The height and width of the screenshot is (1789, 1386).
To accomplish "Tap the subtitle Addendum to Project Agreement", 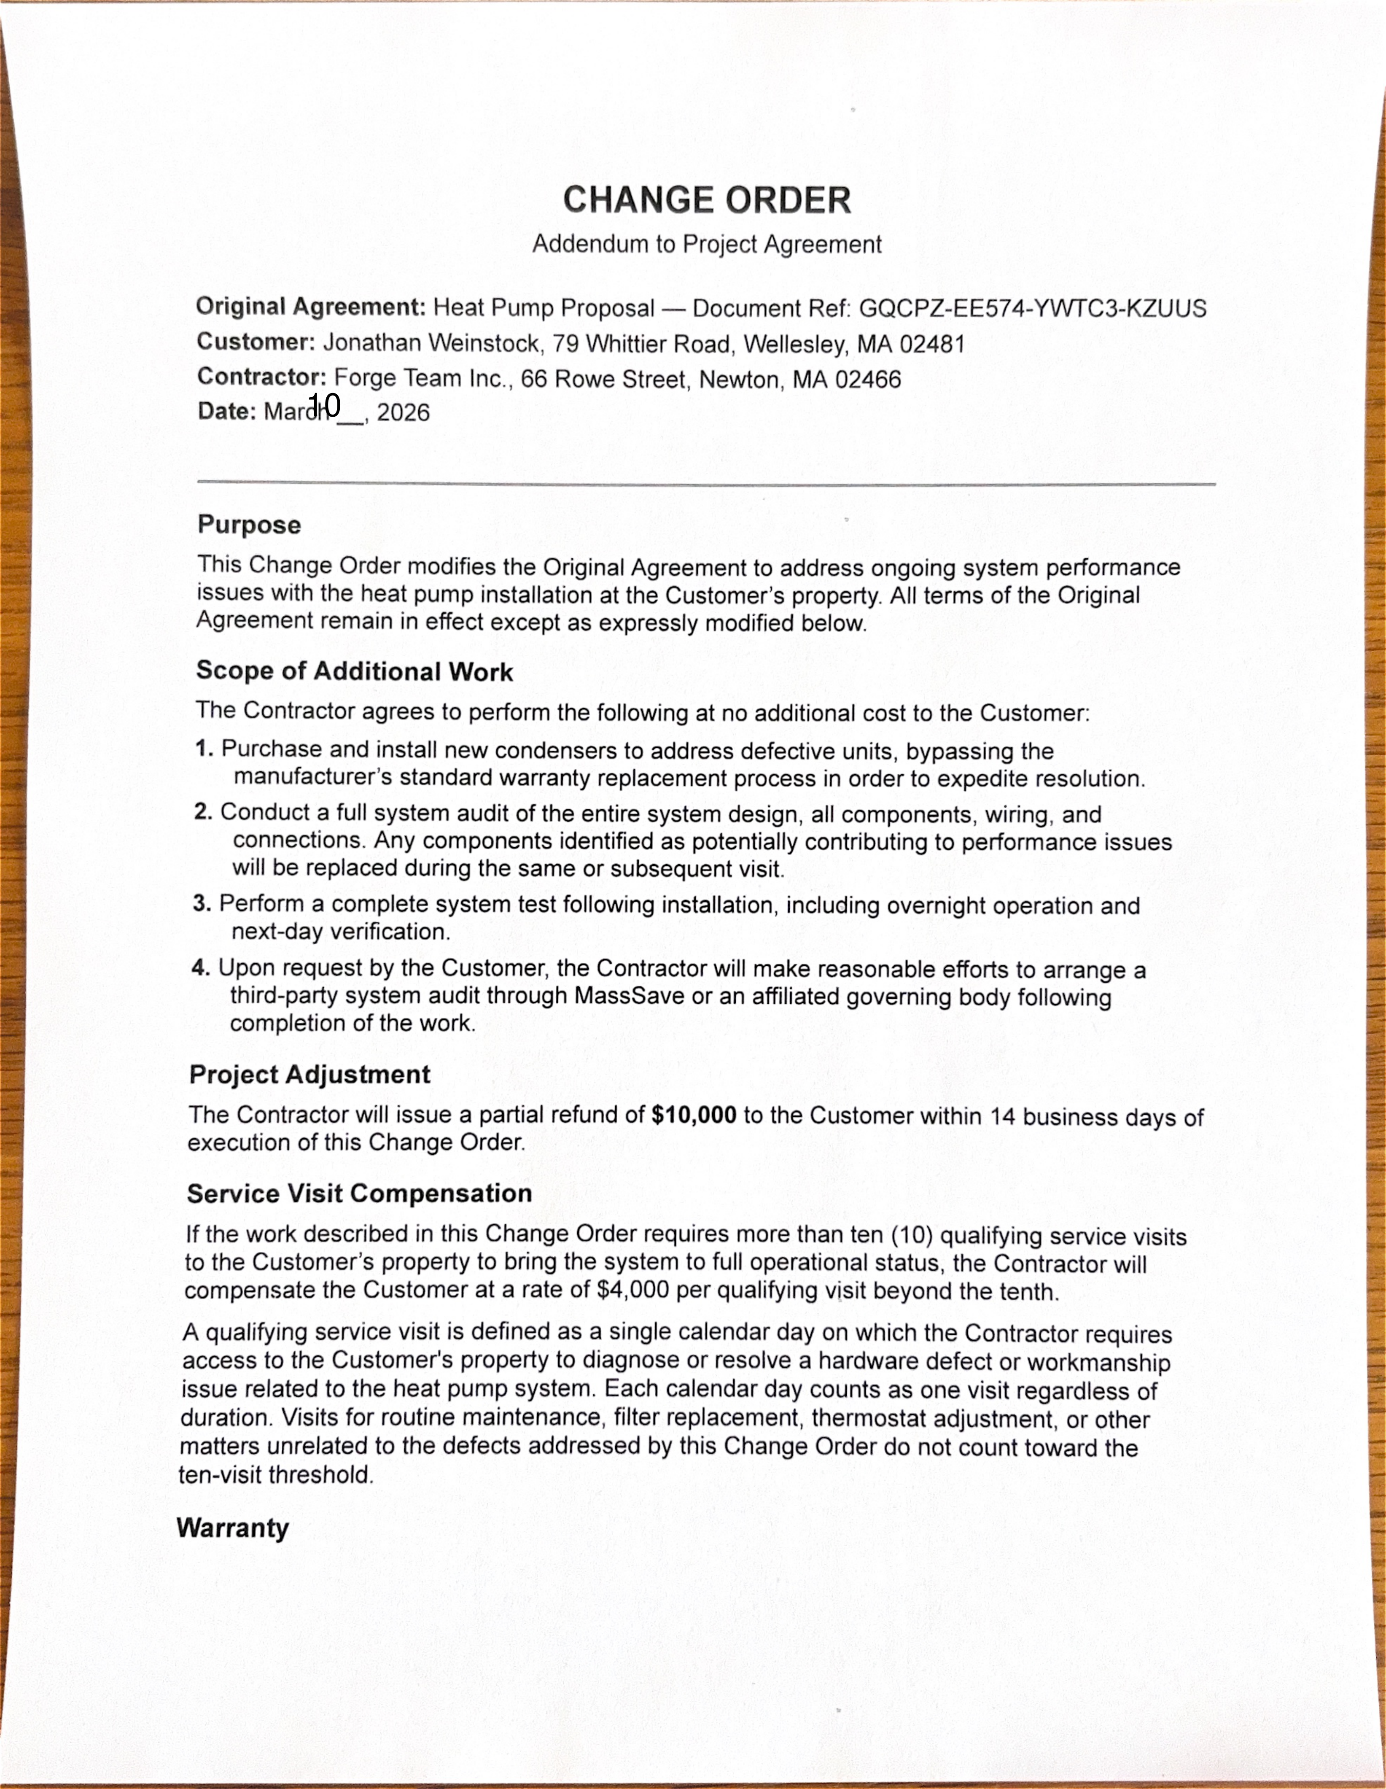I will click(x=706, y=244).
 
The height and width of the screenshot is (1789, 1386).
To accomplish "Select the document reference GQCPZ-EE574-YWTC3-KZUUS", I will click(x=1032, y=309).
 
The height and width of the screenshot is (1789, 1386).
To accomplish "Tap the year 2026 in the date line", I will click(x=403, y=412).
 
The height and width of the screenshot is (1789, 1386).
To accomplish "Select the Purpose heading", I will click(x=249, y=524).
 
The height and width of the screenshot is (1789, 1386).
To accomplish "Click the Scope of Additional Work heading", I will click(x=354, y=671).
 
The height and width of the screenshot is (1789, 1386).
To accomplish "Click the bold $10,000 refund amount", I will click(x=694, y=1115).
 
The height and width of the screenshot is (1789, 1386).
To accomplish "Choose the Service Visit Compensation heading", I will click(x=359, y=1194).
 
